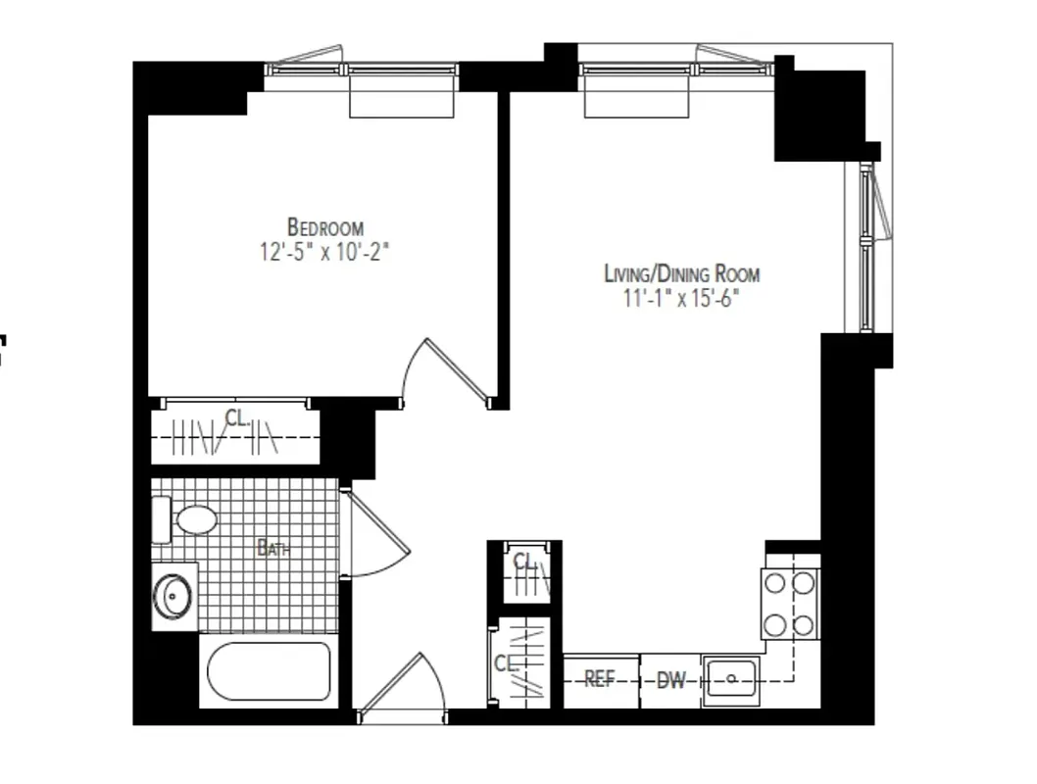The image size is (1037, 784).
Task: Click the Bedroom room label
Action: [x=325, y=226]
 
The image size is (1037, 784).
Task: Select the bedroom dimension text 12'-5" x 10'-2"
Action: [x=325, y=251]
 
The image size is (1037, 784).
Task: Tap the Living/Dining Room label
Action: [x=681, y=273]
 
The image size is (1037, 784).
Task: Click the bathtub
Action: [x=271, y=671]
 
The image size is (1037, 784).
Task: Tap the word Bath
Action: [x=273, y=549]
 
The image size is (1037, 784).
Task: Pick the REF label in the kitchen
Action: [x=599, y=679]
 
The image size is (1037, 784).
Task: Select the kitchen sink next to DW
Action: [x=731, y=677]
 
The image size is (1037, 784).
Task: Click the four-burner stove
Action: [x=790, y=603]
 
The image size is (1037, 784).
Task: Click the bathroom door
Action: [x=377, y=535]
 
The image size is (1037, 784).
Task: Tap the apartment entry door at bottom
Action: [x=402, y=686]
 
